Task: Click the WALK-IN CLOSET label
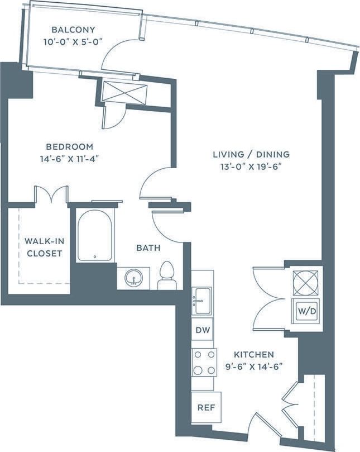point(42,247)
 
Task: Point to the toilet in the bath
point(166,276)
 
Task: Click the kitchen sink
point(201,301)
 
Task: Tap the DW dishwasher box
point(202,330)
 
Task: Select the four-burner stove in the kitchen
point(204,362)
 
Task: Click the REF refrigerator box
point(206,407)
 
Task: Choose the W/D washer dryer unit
point(306,310)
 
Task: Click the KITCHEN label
point(254,354)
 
